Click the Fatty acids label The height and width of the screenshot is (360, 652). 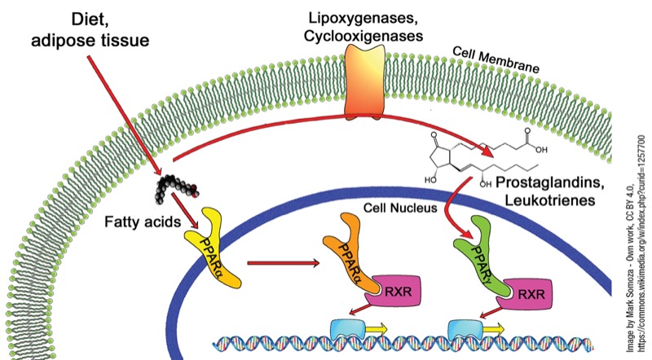pos(142,222)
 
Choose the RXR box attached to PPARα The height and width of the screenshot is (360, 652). pos(395,291)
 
